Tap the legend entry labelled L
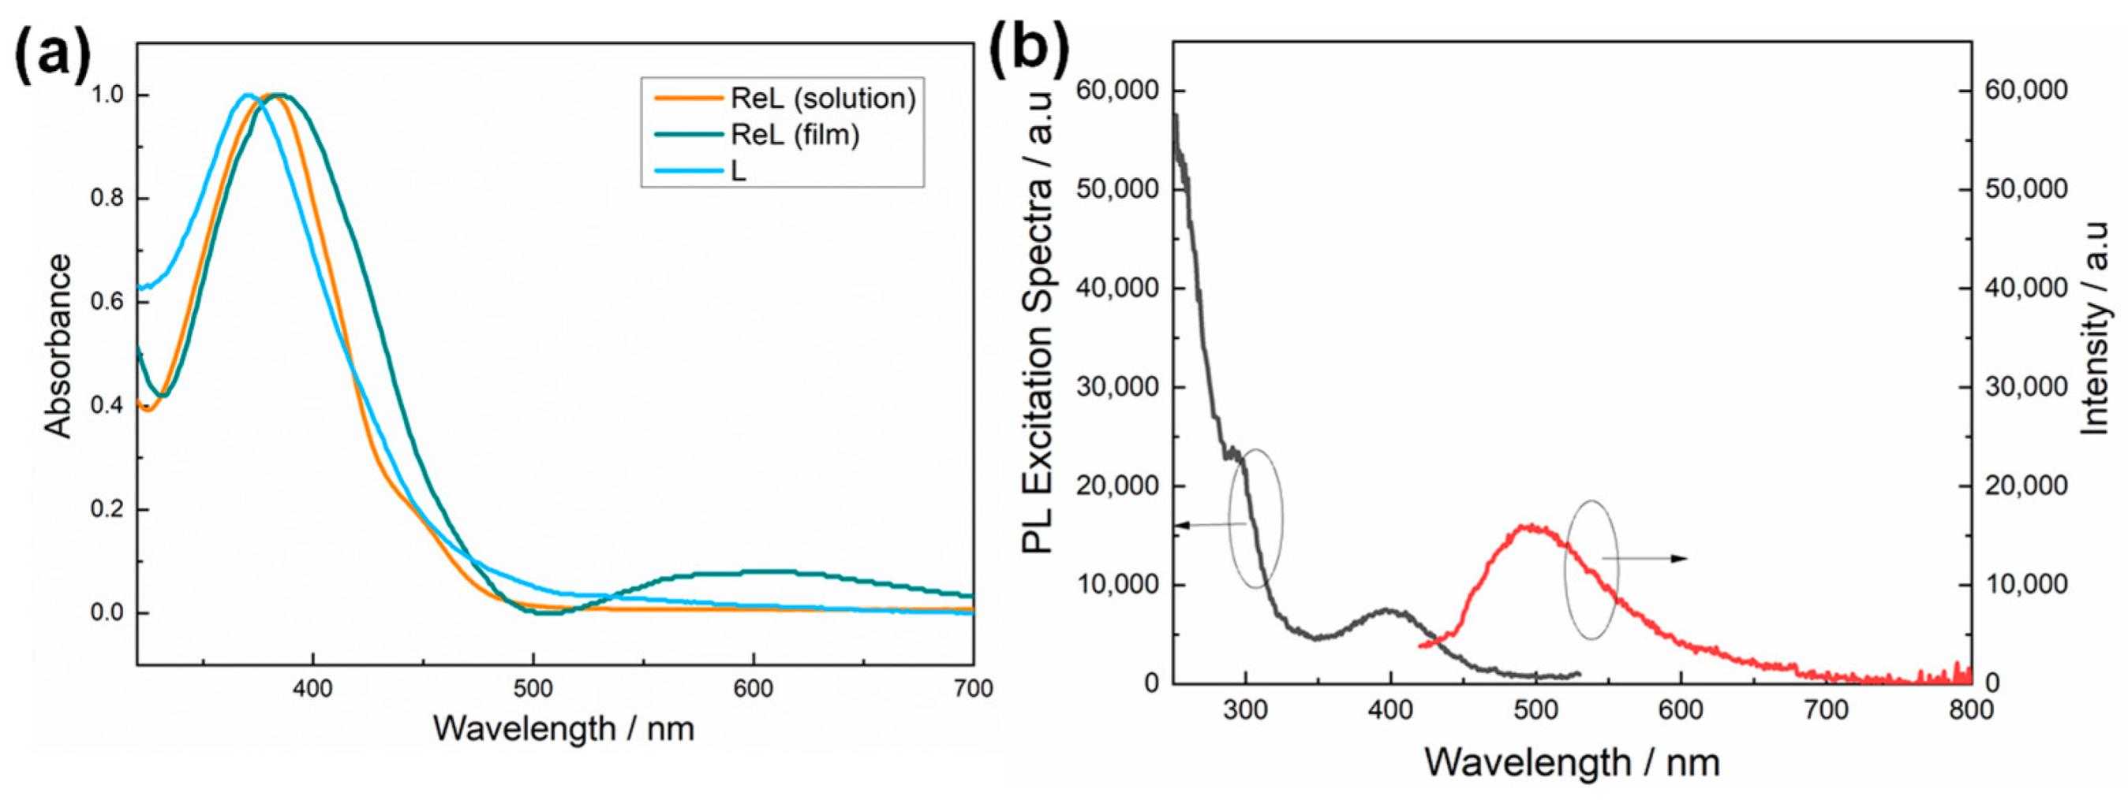pos(737,171)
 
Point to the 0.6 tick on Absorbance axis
pos(110,302)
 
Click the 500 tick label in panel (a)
pos(533,688)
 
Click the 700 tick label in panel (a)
pos(972,688)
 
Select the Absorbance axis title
pos(58,345)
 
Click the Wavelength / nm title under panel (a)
pos(563,729)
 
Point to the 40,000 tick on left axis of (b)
pos(1118,288)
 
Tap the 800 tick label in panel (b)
pos(1971,711)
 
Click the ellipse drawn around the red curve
pos(1591,570)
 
